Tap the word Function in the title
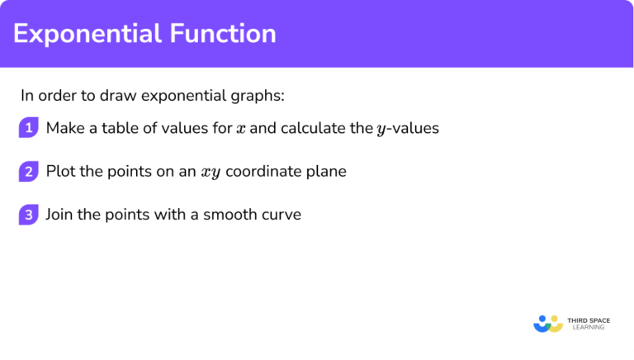pyautogui.click(x=225, y=34)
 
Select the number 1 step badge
pyautogui.click(x=29, y=128)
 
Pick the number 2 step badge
pyautogui.click(x=29, y=172)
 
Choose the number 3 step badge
pyautogui.click(x=29, y=215)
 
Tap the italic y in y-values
pyautogui.click(x=381, y=130)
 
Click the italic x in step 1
pyautogui.click(x=239, y=129)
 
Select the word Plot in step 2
pyautogui.click(x=60, y=172)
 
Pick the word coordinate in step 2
pyautogui.click(x=263, y=172)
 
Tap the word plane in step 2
pyautogui.click(x=325, y=172)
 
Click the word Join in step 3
pyautogui.click(x=60, y=215)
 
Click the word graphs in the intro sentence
pyautogui.click(x=259, y=95)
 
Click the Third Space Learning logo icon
pyautogui.click(x=548, y=323)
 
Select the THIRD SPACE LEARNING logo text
pyautogui.click(x=591, y=323)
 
